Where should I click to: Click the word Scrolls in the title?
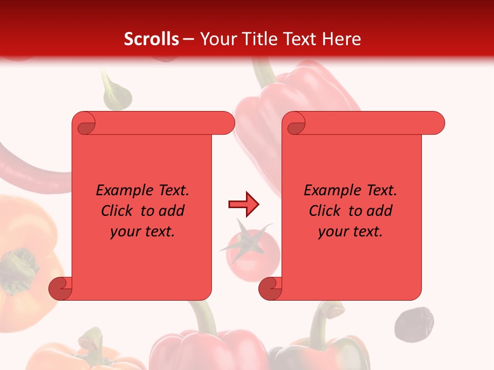(151, 39)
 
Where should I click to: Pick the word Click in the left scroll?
(118, 211)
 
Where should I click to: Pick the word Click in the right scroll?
(326, 211)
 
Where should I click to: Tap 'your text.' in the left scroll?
(143, 231)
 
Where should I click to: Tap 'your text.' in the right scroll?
(350, 231)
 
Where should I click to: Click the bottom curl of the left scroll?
(60, 289)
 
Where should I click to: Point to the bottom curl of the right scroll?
(270, 289)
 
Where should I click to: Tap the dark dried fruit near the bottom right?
(414, 324)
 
